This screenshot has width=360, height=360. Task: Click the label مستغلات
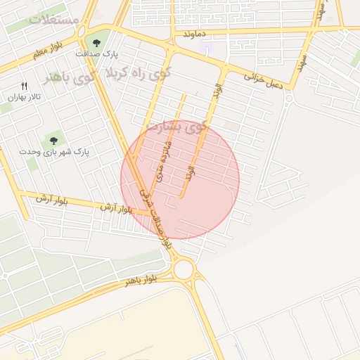click(55, 19)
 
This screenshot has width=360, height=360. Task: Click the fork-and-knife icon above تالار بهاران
click(25, 86)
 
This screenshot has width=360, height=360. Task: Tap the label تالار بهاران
click(21, 98)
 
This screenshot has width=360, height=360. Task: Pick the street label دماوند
click(193, 33)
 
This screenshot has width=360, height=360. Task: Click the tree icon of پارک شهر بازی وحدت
click(53, 140)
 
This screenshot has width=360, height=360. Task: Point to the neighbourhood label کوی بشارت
click(176, 127)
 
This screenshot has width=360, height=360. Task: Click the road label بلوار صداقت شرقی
click(155, 214)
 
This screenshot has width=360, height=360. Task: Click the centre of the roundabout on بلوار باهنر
click(184, 269)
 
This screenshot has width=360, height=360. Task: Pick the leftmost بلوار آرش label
click(53, 200)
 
